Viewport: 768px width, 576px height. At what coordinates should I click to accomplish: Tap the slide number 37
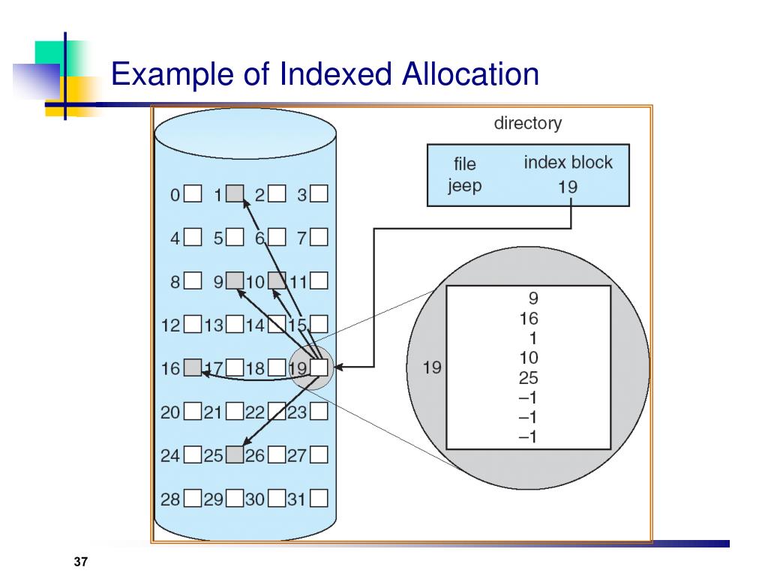(x=81, y=562)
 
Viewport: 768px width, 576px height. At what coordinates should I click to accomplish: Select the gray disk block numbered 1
(x=235, y=193)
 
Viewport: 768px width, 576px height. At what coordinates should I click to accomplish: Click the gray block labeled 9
(x=235, y=280)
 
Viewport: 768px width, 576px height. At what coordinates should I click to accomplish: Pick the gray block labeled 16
(x=193, y=367)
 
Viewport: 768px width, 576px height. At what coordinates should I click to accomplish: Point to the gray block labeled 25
(x=235, y=454)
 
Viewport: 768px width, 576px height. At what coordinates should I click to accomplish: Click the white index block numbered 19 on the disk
(x=319, y=367)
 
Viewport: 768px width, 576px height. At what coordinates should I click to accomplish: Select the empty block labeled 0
(x=193, y=193)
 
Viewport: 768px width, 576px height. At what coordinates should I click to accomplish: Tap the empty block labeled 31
(x=319, y=498)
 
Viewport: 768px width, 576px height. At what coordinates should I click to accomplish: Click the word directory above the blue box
(x=527, y=123)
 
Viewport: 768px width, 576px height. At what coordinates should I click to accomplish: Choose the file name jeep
(x=464, y=186)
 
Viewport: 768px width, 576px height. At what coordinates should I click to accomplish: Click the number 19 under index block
(x=568, y=187)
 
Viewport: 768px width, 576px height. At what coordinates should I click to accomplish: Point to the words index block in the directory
(x=568, y=162)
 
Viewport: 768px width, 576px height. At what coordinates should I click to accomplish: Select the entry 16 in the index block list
(x=529, y=318)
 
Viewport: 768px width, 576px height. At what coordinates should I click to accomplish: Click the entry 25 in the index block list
(x=529, y=378)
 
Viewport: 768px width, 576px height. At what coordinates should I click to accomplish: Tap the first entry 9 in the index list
(x=533, y=298)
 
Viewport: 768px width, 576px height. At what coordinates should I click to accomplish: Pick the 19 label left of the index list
(x=432, y=367)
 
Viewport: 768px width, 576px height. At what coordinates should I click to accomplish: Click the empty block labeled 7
(x=319, y=237)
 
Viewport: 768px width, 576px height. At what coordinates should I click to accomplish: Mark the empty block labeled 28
(x=193, y=498)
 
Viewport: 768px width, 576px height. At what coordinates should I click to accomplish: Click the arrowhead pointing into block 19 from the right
(x=339, y=366)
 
